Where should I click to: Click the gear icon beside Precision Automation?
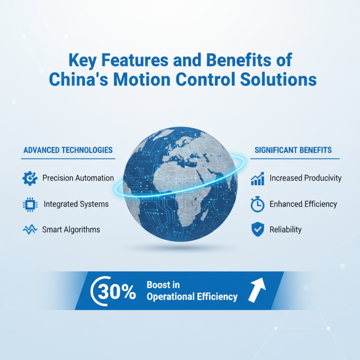click(x=30, y=178)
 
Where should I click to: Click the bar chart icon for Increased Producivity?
click(x=257, y=178)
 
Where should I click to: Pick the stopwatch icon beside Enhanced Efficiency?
click(x=257, y=204)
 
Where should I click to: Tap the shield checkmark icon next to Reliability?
click(x=257, y=229)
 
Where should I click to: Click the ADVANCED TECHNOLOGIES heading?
click(x=67, y=150)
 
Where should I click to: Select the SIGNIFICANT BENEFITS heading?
click(x=293, y=150)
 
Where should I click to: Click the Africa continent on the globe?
click(x=180, y=207)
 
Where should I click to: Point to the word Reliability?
click(x=285, y=230)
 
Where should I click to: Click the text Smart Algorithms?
click(x=71, y=230)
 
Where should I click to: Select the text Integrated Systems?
click(x=76, y=204)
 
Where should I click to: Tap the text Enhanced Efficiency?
click(x=303, y=204)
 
